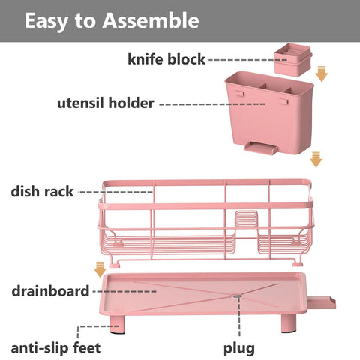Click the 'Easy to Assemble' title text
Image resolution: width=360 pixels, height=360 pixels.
pos(112,20)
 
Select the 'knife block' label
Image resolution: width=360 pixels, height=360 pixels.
pos(166,58)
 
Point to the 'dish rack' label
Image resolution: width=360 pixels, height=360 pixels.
pos(42,191)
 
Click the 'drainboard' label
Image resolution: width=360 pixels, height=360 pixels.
pos(50,289)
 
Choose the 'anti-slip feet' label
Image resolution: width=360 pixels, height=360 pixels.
pos(55,347)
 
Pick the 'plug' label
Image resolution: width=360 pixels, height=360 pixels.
pos(239,347)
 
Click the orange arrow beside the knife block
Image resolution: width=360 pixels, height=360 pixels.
pos(322,73)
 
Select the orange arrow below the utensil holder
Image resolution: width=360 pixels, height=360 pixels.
pos(316,159)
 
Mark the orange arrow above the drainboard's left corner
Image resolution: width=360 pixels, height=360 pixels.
pos(99,268)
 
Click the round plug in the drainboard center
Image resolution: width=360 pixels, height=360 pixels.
pos(237,295)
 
